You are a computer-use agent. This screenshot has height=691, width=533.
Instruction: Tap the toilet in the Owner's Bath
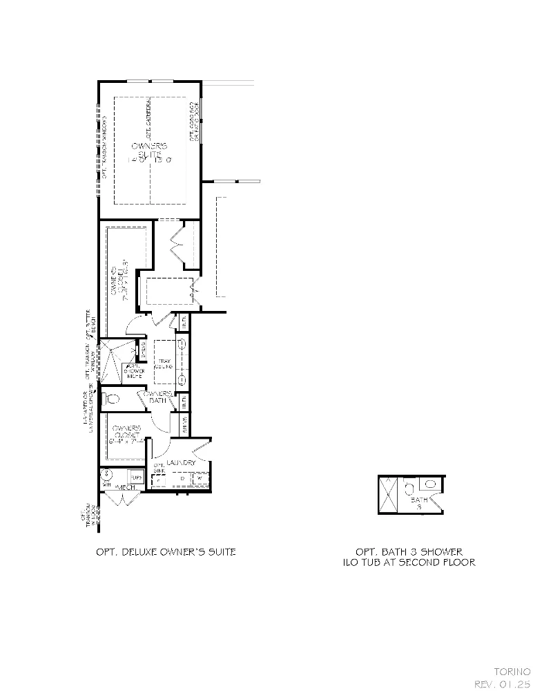click(112, 398)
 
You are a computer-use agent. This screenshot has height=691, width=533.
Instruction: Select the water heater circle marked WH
click(106, 475)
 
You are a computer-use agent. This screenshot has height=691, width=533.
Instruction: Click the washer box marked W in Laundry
click(200, 478)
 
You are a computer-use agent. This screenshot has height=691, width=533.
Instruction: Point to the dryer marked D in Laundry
click(182, 478)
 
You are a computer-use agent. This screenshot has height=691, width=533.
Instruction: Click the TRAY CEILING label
click(164, 363)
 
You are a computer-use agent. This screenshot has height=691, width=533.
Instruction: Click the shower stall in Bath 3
click(388, 495)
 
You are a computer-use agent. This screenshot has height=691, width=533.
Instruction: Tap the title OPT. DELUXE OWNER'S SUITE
click(166, 551)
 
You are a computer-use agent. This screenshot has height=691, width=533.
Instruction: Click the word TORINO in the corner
click(512, 671)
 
